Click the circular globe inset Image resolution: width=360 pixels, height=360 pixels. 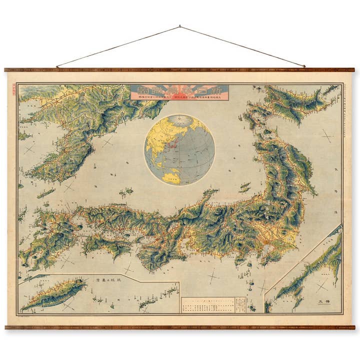coord(179,150)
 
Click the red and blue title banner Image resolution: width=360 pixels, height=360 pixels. coord(179,92)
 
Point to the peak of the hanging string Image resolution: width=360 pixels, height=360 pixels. coord(180,26)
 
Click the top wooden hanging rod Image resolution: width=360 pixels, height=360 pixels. coord(180,70)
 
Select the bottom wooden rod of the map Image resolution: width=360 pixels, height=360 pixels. coord(180,327)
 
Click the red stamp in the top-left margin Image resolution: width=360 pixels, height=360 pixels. coord(13,89)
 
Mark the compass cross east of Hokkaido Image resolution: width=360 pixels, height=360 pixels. coord(327,135)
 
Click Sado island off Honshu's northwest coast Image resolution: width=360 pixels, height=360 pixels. coord(244,187)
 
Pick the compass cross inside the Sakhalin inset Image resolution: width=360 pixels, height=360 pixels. coord(320,285)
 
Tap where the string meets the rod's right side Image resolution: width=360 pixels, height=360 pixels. coord(304,66)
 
